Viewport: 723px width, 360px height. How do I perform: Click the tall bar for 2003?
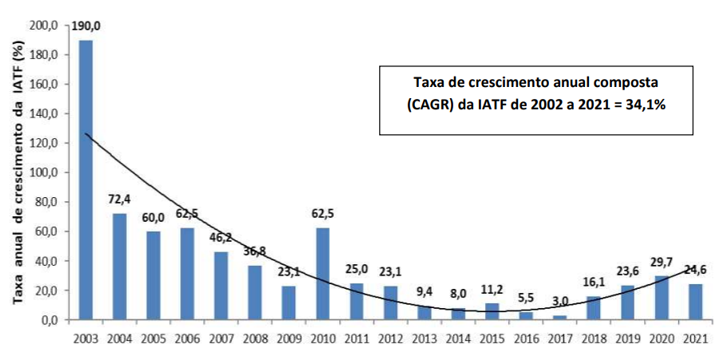click(x=85, y=180)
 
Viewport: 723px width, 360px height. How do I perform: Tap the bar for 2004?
click(x=120, y=267)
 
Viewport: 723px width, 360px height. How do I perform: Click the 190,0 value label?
click(x=85, y=26)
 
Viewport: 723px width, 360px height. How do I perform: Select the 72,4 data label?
click(x=120, y=201)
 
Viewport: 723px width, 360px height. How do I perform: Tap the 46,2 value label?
click(x=221, y=238)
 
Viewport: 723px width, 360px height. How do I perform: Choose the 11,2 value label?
click(x=493, y=290)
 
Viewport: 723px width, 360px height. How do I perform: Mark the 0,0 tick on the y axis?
click(x=49, y=320)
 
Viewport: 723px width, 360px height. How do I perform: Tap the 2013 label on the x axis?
click(x=425, y=340)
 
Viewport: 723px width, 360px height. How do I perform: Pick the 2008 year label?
click(x=255, y=340)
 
